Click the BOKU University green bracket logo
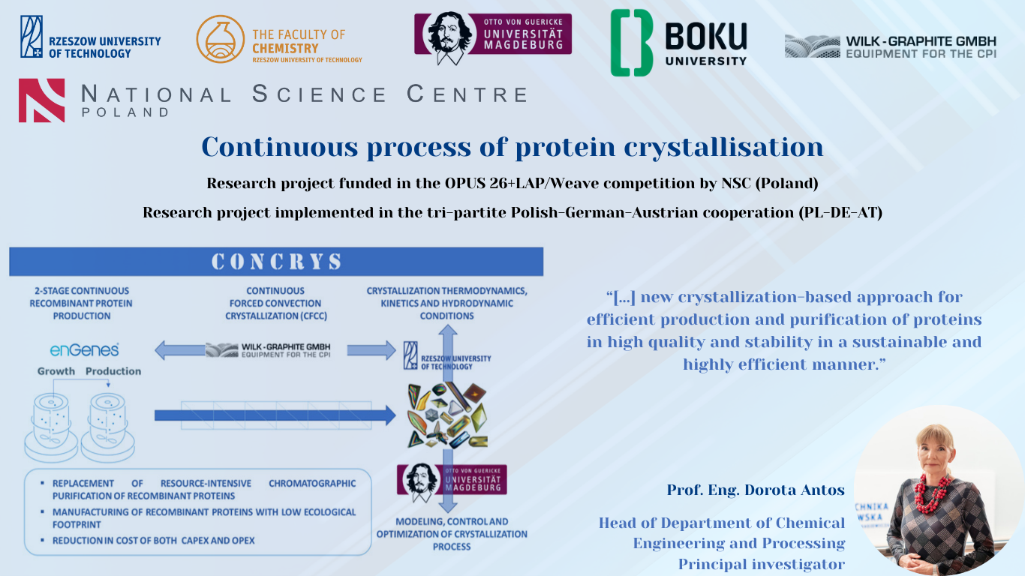(x=632, y=43)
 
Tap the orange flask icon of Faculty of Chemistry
(x=220, y=39)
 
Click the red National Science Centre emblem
(x=41, y=100)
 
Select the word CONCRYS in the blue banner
(x=276, y=262)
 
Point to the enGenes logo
(x=84, y=350)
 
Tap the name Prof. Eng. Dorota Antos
(x=756, y=490)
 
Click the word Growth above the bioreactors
(x=56, y=371)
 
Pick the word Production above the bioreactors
(x=113, y=371)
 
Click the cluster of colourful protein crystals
(x=447, y=415)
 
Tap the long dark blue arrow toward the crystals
(x=275, y=415)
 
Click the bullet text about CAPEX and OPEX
(x=153, y=540)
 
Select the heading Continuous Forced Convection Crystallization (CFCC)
(x=275, y=303)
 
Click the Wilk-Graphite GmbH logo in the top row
(x=891, y=46)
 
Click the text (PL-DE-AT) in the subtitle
(x=840, y=213)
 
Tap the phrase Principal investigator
(x=762, y=564)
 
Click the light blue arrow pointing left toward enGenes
(x=179, y=350)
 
